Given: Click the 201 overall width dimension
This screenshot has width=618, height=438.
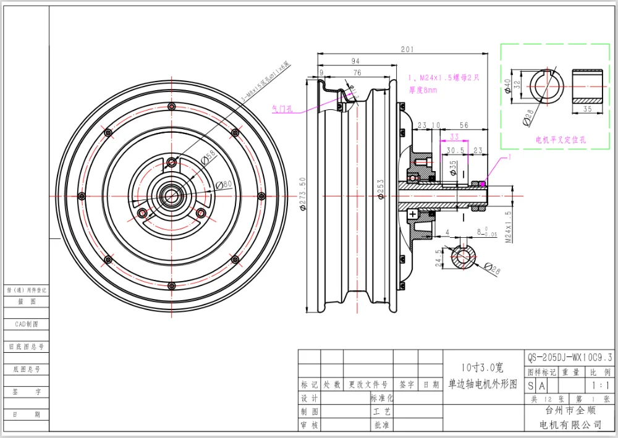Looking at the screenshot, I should coord(407,50).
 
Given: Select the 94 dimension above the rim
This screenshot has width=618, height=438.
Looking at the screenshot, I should coord(355,61).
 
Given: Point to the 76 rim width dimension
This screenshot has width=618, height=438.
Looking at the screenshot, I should coord(357,72).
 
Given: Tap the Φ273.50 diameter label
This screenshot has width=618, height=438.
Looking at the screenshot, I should coord(303,193).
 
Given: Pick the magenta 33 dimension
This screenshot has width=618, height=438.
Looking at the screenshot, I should coord(454,137).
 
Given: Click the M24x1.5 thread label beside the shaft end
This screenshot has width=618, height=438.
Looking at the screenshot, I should coord(508,228).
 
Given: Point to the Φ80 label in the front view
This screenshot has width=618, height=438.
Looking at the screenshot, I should coord(224,183).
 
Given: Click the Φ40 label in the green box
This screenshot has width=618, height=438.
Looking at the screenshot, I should coord(508,85).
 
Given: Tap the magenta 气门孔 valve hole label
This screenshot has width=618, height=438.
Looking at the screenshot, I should coord(282,107).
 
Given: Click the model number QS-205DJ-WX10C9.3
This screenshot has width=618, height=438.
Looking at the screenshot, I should coord(570,357).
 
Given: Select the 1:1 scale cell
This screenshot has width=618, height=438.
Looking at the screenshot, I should coord(599,385).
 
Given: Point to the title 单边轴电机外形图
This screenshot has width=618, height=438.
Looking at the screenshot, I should coord(483,384).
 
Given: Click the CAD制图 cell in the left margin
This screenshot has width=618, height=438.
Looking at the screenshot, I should coord(26,324).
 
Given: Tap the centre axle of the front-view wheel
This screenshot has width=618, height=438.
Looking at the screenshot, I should coord(170,195).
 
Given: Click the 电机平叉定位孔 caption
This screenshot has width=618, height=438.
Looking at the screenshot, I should coord(561,140).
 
